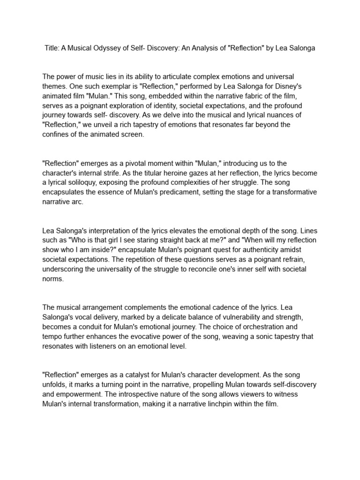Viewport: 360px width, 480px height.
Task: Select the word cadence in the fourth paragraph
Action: point(230,307)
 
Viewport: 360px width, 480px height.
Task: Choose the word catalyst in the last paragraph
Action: point(142,375)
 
